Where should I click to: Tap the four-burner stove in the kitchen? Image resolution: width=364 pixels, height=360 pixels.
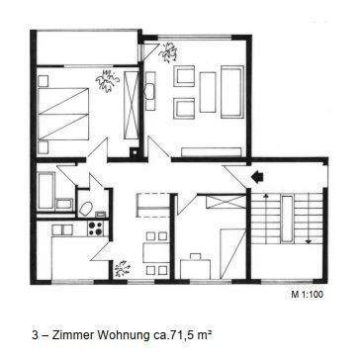[x=97, y=228]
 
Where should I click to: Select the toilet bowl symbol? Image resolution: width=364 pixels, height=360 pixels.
[x=86, y=208]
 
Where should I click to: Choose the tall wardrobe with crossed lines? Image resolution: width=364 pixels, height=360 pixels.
[x=130, y=109]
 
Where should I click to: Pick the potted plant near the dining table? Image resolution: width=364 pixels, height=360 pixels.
[x=121, y=268]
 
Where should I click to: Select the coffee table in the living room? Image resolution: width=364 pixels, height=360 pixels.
[x=207, y=92]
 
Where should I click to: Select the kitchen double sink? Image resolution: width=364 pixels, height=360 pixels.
[x=62, y=229]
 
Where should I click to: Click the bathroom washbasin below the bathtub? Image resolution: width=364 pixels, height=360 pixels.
[x=63, y=205]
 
